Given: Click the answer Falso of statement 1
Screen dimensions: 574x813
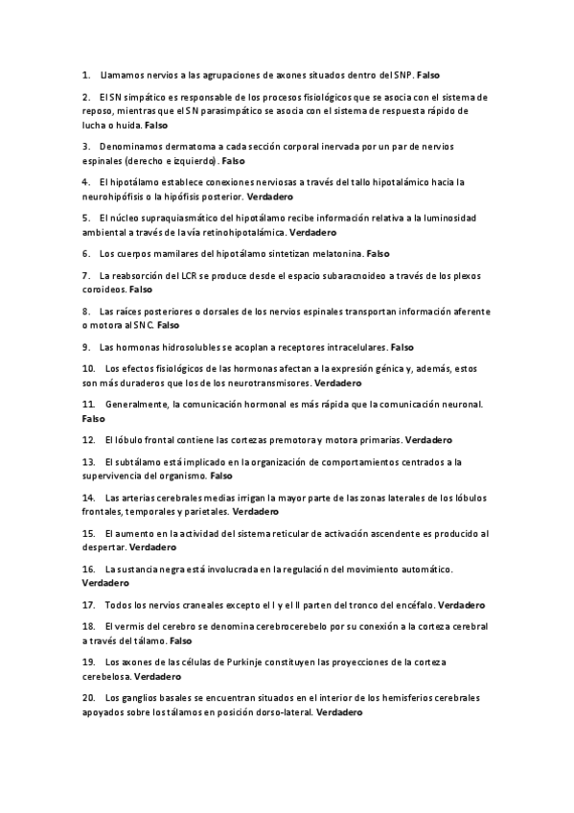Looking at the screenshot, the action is pyautogui.click(x=428, y=74).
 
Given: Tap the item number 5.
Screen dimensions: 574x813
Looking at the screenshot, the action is pyautogui.click(x=86, y=219).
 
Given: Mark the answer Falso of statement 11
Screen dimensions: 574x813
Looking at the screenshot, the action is pyautogui.click(x=94, y=419).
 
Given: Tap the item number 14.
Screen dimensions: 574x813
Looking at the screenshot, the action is pyautogui.click(x=89, y=498).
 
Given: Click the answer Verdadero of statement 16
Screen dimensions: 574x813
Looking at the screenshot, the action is pyautogui.click(x=105, y=583).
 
